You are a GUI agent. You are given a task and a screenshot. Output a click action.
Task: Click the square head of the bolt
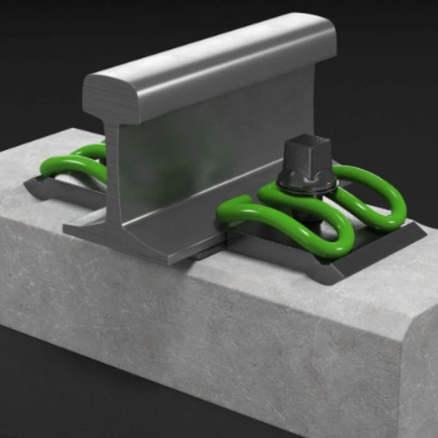(x=304, y=153)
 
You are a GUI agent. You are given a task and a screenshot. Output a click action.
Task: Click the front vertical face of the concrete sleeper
(x=204, y=327)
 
